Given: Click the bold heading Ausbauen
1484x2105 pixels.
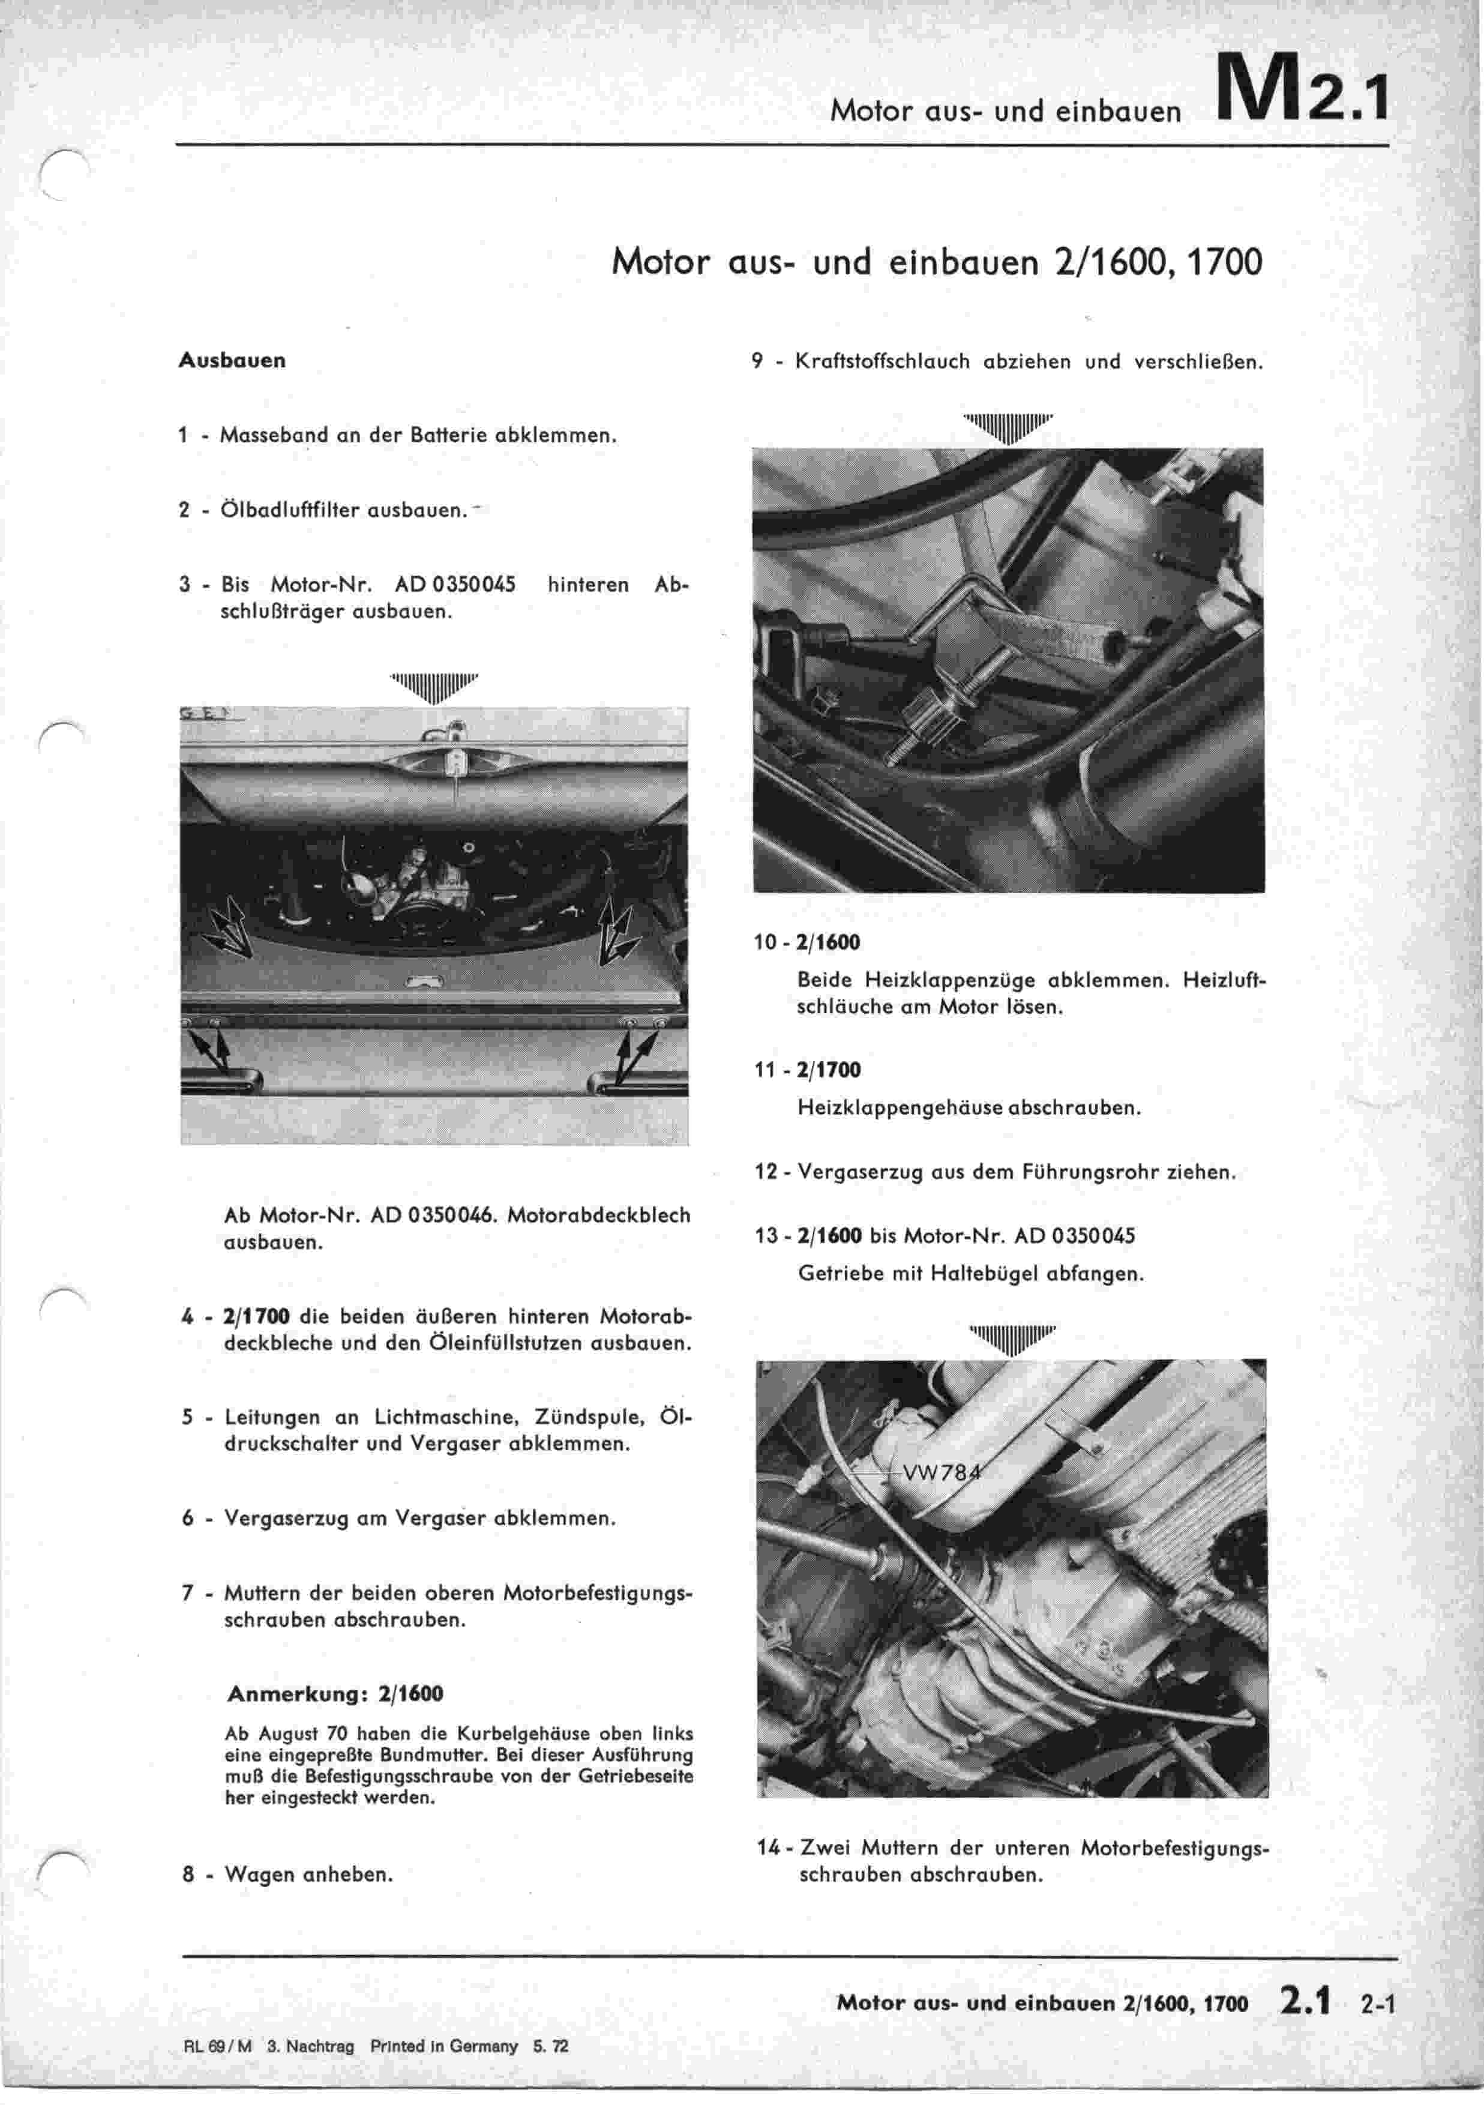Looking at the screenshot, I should [x=232, y=360].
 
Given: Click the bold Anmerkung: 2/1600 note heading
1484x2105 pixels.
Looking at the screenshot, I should [x=335, y=1694].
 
